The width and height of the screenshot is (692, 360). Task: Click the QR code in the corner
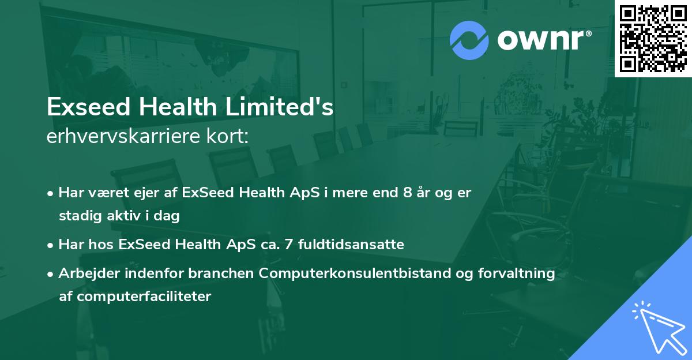pos(653,38)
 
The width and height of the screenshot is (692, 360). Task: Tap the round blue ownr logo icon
pos(469,40)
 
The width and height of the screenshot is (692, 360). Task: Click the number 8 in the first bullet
pos(408,193)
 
